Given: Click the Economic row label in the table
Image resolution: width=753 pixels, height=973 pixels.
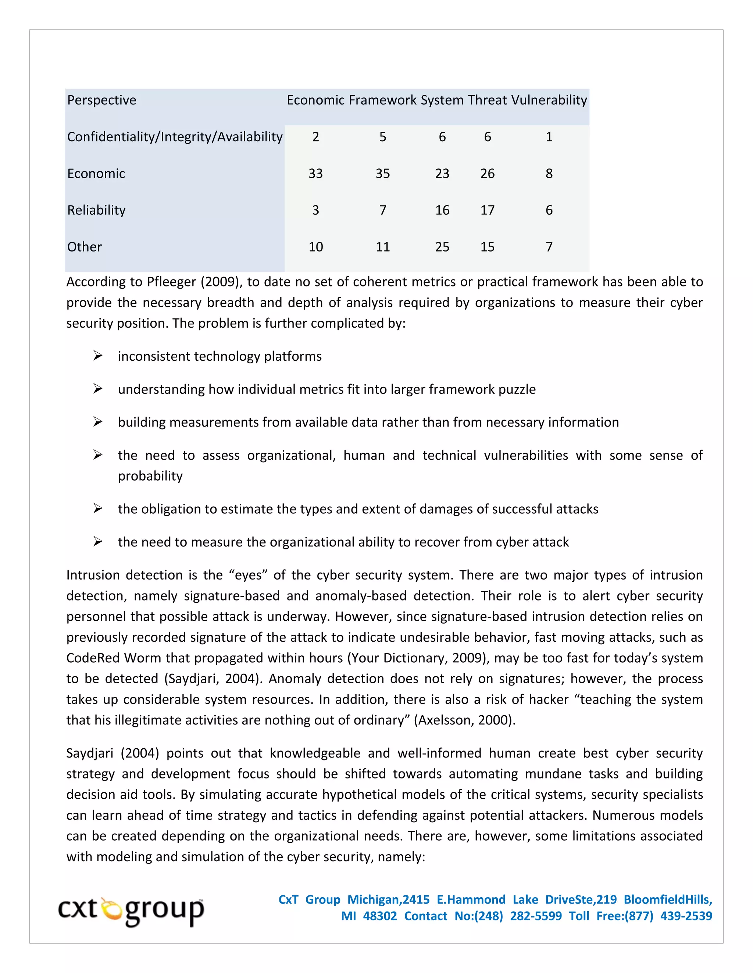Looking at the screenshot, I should [96, 174].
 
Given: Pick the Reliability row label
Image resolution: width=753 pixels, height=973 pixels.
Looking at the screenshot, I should [96, 210].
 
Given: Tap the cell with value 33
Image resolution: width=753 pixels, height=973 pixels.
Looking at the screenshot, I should [315, 174].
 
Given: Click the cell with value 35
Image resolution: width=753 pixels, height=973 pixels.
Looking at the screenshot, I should [383, 174].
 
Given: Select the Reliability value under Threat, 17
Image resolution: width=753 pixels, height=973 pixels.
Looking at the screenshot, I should [488, 210].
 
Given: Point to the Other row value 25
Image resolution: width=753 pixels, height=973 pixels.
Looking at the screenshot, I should [442, 247].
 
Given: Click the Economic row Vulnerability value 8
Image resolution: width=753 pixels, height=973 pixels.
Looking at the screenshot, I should [549, 174].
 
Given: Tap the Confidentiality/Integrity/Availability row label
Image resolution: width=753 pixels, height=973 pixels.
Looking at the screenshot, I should [175, 137].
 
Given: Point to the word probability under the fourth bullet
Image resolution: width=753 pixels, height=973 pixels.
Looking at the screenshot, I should [150, 476].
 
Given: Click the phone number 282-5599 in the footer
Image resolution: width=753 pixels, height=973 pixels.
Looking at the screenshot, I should [536, 916].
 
